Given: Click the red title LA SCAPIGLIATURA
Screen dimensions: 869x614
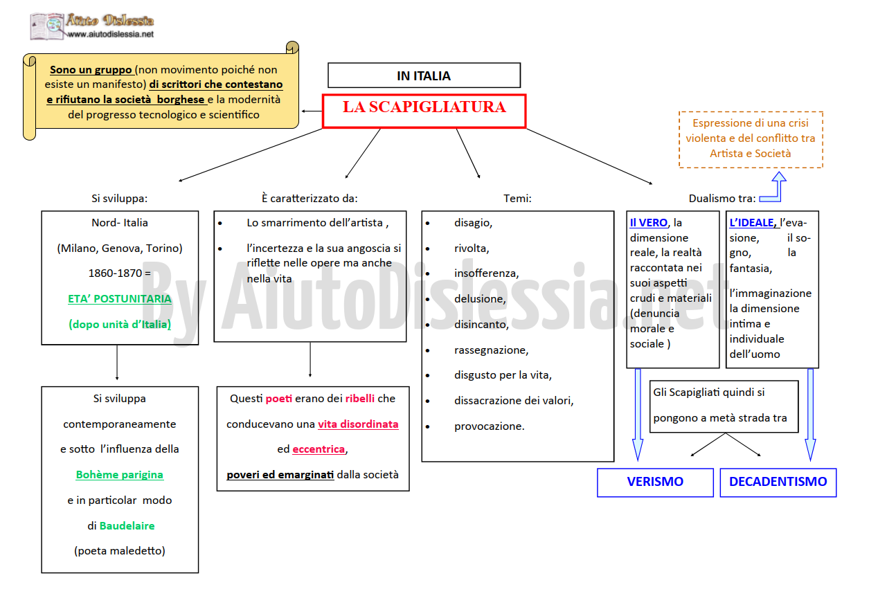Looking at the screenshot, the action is coord(424,107).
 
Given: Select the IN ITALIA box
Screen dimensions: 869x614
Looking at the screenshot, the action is coord(424,75).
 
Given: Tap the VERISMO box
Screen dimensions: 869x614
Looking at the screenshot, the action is coord(655,482).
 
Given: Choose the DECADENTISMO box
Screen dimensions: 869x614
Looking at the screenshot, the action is coord(778,482).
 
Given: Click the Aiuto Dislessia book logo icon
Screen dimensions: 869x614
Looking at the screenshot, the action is coord(47,26).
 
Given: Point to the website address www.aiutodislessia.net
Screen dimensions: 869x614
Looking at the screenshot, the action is coord(111,34).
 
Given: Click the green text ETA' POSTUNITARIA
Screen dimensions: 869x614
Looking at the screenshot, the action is coord(120,298).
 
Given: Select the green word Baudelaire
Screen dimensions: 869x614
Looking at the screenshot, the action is coord(127,525).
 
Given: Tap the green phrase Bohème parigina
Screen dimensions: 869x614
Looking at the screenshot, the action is coord(120,474).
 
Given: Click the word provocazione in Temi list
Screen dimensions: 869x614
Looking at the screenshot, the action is coord(489,426).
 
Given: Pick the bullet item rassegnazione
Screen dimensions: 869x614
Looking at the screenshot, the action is coord(491,350).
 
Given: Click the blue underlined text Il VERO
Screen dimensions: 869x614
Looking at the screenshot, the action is coord(648,223).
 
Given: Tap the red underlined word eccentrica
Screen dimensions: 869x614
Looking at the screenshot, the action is coord(319,449).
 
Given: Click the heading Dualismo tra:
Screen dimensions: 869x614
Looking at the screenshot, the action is coord(722,199).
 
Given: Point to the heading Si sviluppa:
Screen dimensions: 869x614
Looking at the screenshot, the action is coord(120,199).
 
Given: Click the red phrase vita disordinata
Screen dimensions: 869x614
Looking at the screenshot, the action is coord(358,424).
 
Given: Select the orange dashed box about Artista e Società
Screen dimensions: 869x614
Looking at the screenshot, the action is coord(751,140).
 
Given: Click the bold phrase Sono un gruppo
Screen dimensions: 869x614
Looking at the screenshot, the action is coord(91,70).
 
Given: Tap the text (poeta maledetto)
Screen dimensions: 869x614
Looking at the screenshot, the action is coord(120,551).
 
